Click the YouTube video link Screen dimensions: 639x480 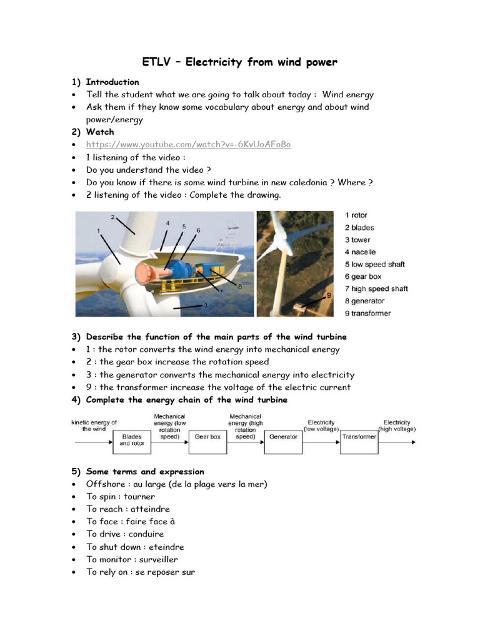[x=188, y=145]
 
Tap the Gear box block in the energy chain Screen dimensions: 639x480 [x=207, y=437]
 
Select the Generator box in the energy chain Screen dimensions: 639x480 [x=283, y=437]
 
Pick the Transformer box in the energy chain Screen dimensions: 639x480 [x=359, y=437]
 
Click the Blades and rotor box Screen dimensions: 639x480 [x=132, y=440]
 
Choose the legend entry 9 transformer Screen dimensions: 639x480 [x=367, y=313]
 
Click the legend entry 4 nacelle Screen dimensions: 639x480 [x=360, y=252]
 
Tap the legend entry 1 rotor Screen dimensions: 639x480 [x=356, y=215]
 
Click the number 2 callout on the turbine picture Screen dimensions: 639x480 [x=113, y=217]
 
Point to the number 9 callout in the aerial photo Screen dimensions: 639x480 [x=328, y=296]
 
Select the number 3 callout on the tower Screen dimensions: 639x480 [x=205, y=305]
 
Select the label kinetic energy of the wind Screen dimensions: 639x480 [x=94, y=426]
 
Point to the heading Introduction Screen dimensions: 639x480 [x=112, y=82]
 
